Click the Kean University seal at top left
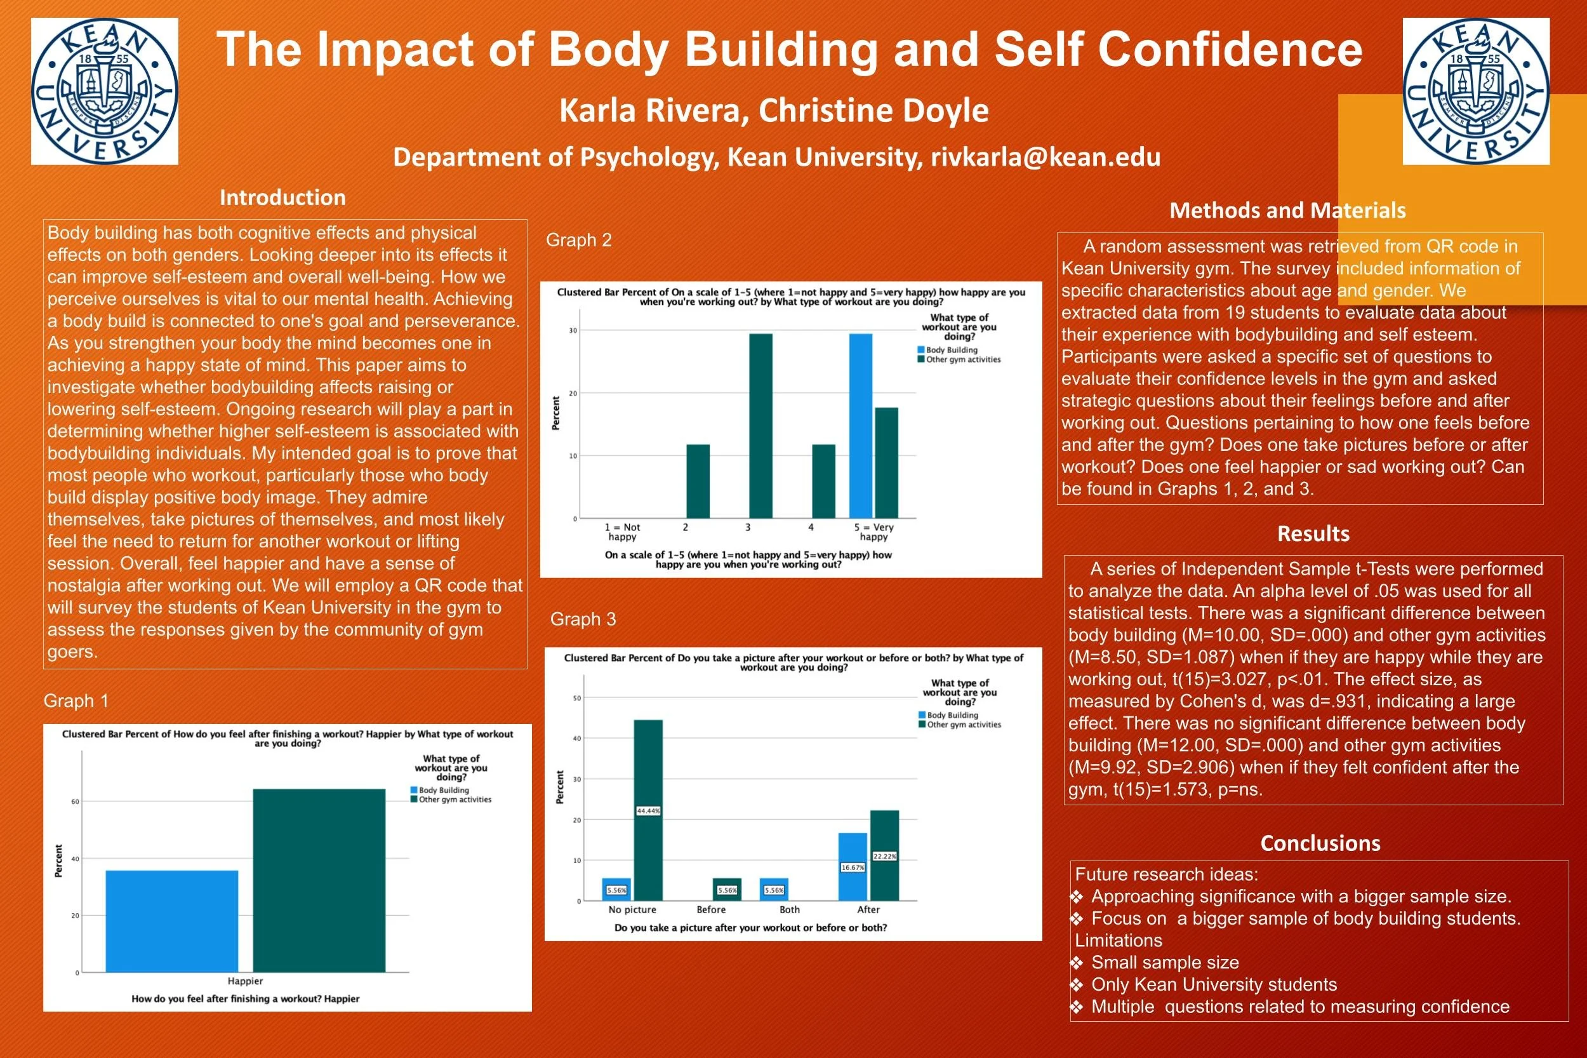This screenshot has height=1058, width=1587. tap(105, 91)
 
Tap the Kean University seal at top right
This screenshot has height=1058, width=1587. tap(1476, 91)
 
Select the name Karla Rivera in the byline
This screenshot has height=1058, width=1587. tap(649, 110)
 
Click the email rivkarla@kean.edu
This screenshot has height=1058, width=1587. tap(1046, 157)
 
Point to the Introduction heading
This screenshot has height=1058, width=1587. tap(282, 198)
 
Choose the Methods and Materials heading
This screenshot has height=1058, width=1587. tap(1287, 211)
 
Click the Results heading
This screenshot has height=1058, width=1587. tap(1313, 533)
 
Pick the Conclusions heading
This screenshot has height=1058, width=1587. tap(1320, 843)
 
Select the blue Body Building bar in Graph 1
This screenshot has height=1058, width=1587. tap(172, 921)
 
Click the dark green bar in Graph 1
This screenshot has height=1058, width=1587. tap(319, 881)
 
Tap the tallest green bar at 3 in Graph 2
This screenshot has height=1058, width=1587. tap(760, 425)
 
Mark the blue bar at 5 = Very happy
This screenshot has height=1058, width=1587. tap(861, 425)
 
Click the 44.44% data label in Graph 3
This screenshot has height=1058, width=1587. tap(648, 811)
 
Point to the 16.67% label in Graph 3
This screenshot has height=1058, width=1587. tap(853, 867)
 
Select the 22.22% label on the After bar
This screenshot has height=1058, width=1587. tap(885, 856)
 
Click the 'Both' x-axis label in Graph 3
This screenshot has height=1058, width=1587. tap(790, 909)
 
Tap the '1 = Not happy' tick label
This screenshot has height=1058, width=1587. tap(623, 532)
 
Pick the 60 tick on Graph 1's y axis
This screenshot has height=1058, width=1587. tap(75, 801)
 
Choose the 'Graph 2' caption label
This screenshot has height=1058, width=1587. tap(579, 240)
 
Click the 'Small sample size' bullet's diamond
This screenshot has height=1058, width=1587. tap(1077, 963)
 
